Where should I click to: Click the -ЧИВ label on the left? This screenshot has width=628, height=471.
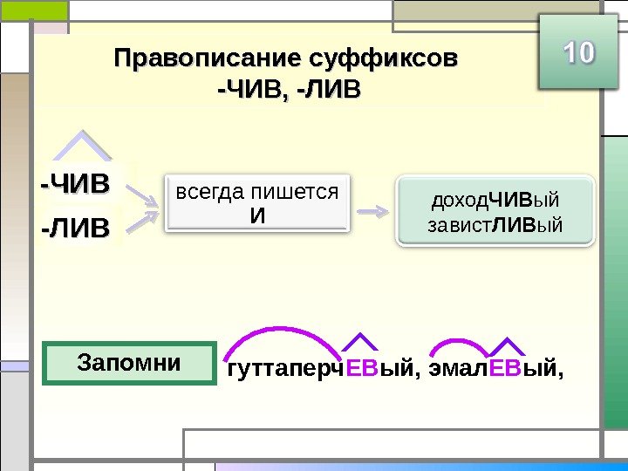pos(76,184)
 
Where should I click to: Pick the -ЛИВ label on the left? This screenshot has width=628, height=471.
pos(76,229)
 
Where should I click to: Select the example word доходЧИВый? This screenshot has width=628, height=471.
pos(495,201)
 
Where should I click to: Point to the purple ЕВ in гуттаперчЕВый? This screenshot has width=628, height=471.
pos(361,372)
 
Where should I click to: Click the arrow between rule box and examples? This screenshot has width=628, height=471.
pos(374,211)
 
